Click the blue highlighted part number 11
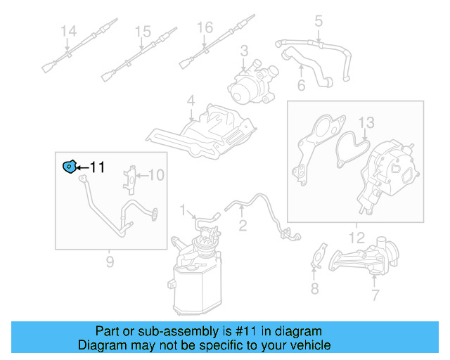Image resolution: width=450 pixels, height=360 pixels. click(69, 167)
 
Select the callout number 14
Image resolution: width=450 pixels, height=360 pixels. click(67, 32)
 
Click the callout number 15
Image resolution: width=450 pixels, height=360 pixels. click(143, 32)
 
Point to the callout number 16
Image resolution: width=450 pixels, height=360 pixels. click(204, 27)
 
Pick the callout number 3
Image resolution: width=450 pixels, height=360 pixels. click(244, 51)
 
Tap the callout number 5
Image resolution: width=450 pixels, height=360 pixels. click(318, 22)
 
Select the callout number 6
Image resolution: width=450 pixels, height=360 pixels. click(301, 86)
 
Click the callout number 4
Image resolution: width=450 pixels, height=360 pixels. click(190, 102)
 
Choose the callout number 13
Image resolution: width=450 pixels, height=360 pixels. click(367, 124)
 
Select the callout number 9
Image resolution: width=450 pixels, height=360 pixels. click(110, 263)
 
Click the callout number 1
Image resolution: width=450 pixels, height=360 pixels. click(182, 210)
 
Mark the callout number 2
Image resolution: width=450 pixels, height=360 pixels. click(243, 226)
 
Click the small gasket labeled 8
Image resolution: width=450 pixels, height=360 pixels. click(318, 257)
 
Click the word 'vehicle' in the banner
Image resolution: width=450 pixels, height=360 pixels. click(307, 345)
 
